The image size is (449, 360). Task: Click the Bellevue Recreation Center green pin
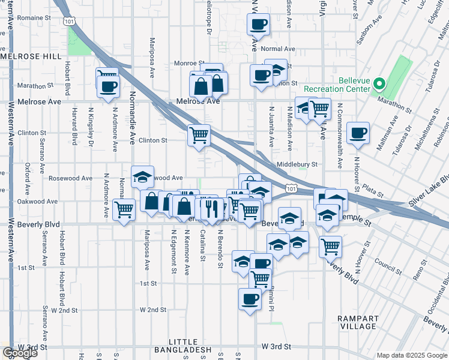[379, 85]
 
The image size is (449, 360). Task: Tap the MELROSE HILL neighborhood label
[31, 56]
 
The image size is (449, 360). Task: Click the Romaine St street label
[34, 19]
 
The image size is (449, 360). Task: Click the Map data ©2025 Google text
[412, 355]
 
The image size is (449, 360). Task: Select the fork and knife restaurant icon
[210, 208]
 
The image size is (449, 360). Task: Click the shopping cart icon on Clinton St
[199, 134]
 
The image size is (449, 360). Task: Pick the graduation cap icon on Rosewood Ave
[142, 176]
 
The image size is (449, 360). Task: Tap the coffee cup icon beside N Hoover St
[358, 133]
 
